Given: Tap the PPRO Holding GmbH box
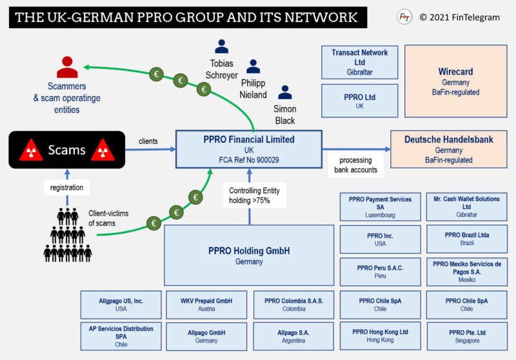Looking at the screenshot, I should point(250,255).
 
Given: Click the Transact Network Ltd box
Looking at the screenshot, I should point(360,61).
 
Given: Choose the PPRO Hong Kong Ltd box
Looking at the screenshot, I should point(381,335).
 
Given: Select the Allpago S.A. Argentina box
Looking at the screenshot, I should point(293,335).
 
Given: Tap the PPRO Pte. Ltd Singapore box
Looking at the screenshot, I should point(466,335).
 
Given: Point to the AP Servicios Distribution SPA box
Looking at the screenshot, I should point(121,335).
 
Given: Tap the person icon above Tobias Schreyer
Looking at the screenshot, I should point(222,46).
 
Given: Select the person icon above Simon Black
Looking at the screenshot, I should point(284,92).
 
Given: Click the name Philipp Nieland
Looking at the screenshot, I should point(253,89).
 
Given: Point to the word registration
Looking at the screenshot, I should point(68,188).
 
